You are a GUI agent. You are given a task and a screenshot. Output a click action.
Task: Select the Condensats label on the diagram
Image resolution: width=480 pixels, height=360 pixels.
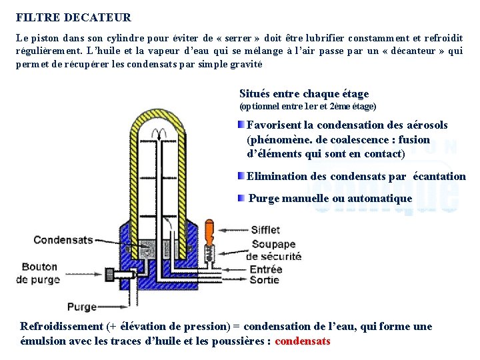point(63,240)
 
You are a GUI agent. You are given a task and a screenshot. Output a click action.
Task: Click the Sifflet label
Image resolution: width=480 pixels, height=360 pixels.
point(265,231)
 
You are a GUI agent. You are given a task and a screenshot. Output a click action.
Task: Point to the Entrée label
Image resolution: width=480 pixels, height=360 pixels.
point(265,269)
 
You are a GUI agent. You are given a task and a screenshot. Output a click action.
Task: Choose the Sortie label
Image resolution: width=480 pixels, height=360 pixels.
point(265,280)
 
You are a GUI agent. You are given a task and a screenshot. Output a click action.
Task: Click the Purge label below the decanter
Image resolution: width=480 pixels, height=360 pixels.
point(82,307)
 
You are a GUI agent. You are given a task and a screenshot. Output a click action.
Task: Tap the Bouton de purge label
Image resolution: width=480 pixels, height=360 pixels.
point(40,273)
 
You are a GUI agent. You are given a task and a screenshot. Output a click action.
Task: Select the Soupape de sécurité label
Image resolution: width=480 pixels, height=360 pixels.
point(273,250)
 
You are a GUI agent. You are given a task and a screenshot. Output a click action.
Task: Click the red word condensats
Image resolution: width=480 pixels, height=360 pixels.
point(302,341)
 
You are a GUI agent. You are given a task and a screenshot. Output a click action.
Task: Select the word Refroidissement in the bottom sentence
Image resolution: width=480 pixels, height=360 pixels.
point(61,327)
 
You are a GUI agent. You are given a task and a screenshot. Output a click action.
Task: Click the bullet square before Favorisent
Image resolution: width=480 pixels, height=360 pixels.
point(241,125)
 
